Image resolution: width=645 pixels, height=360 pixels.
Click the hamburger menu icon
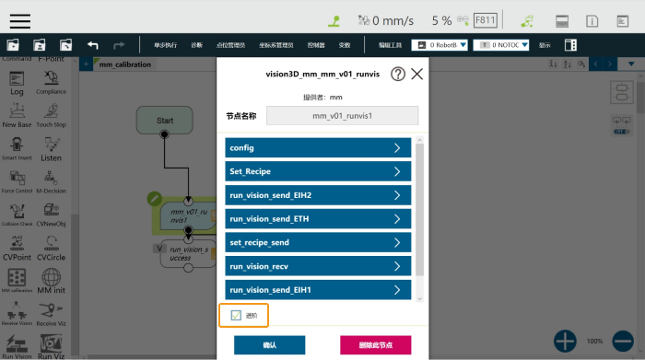20,19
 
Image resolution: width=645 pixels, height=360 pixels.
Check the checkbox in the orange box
236,316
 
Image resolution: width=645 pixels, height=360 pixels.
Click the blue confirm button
269,345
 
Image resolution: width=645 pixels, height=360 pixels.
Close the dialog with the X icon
417,75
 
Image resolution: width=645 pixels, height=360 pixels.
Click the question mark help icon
398,75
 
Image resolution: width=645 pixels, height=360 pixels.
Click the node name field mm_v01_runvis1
342,116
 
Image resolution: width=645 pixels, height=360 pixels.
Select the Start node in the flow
165,121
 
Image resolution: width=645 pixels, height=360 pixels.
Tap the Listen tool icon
51,147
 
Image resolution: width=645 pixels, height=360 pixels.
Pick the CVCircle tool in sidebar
51,247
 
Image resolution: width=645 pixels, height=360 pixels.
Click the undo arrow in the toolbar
92,44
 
